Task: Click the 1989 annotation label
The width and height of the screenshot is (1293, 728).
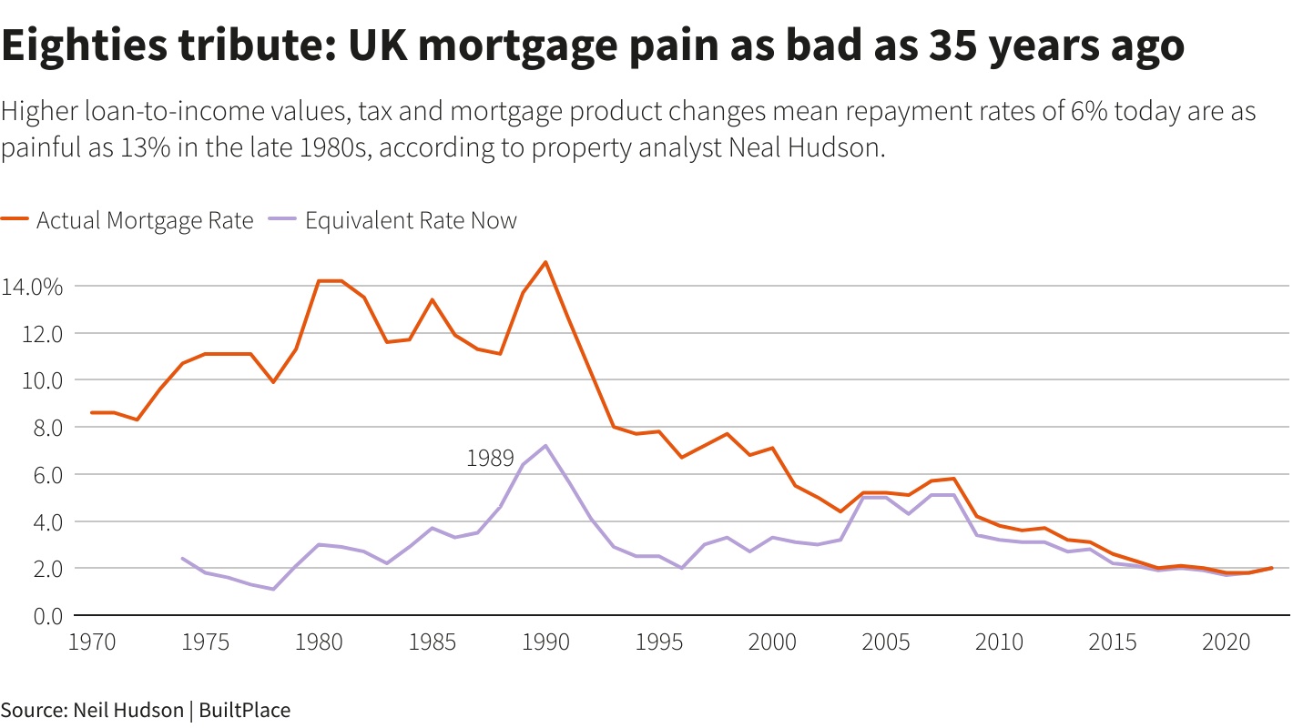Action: pyautogui.click(x=490, y=459)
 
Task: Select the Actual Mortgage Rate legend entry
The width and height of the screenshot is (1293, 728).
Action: pyautogui.click(x=144, y=220)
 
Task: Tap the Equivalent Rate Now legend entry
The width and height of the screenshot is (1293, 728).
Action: pyautogui.click(x=411, y=220)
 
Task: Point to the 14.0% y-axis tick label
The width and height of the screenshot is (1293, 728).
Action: pyautogui.click(x=32, y=287)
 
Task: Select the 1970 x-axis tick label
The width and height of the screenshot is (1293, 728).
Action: pyautogui.click(x=92, y=642)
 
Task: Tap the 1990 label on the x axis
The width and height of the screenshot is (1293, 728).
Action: pyautogui.click(x=545, y=642)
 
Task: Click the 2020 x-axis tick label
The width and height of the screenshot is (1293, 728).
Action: pyautogui.click(x=1226, y=642)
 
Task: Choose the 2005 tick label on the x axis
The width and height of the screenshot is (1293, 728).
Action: pyautogui.click(x=885, y=642)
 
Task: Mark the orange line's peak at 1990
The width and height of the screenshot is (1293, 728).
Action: pyautogui.click(x=545, y=262)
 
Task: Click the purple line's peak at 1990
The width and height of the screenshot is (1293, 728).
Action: pyautogui.click(x=545, y=446)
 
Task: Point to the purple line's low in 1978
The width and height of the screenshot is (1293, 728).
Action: pyautogui.click(x=273, y=589)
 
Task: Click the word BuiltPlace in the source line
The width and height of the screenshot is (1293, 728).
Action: pyautogui.click(x=244, y=710)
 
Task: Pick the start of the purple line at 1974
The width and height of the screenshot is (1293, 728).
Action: pyautogui.click(x=182, y=559)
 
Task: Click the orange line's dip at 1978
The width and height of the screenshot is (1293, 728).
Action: pyautogui.click(x=273, y=381)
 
